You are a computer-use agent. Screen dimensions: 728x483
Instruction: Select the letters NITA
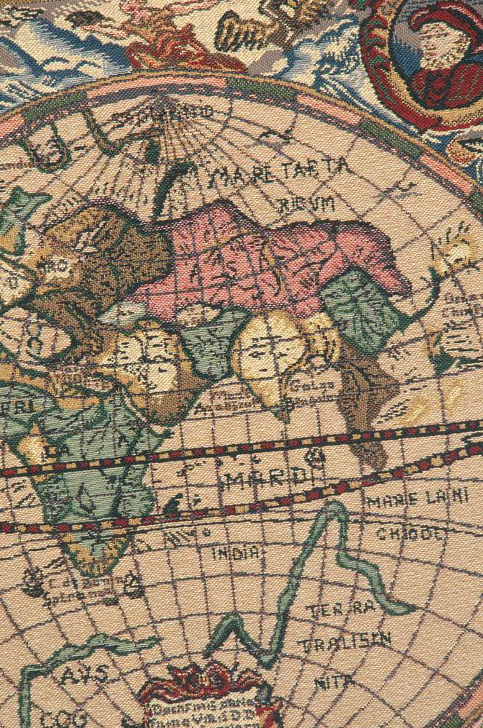click(335, 682)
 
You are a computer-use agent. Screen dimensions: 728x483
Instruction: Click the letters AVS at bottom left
click(82, 676)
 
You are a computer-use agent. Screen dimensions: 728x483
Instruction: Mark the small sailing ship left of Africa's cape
click(34, 580)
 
